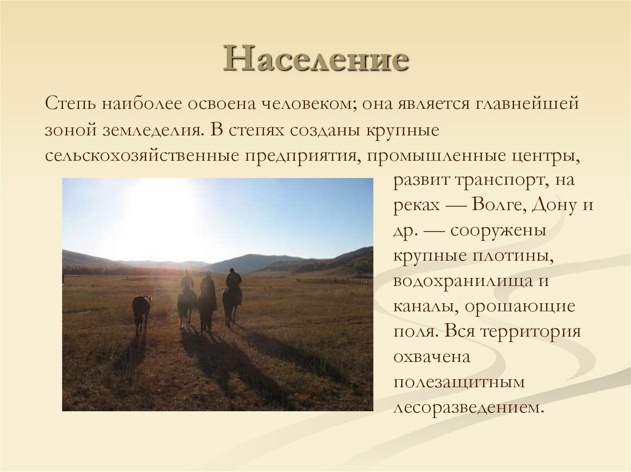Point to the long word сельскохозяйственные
coord(141,156)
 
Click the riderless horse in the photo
coord(141,311)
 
